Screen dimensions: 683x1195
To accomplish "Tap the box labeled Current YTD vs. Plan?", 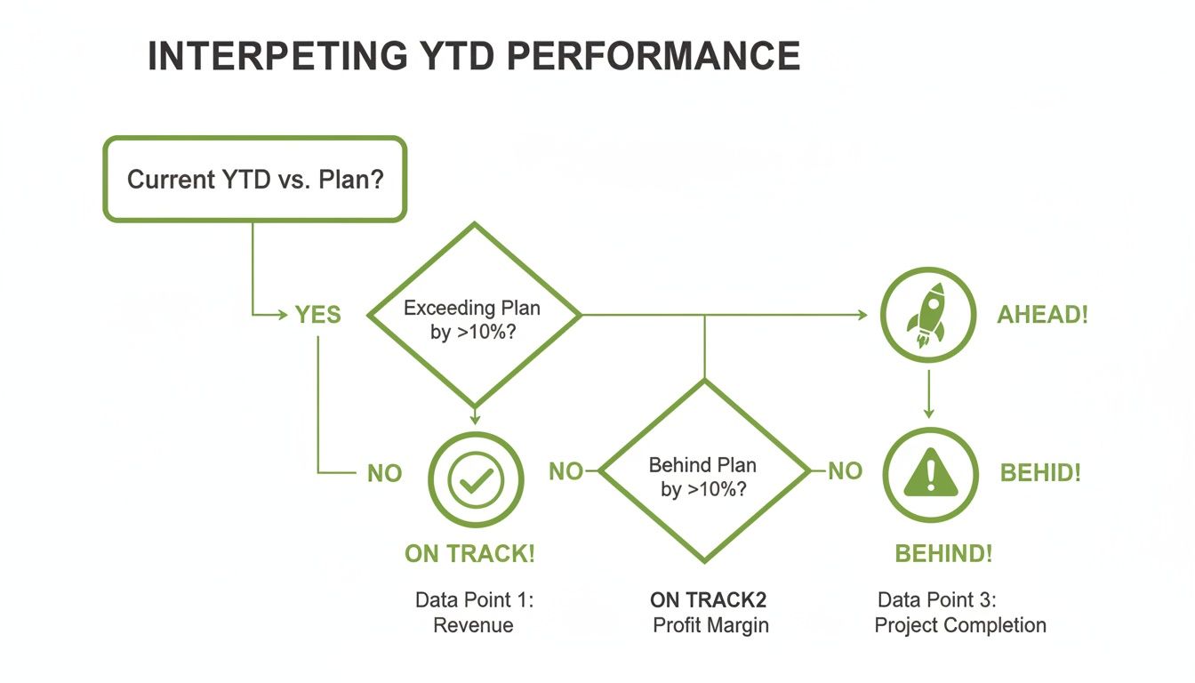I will [255, 179].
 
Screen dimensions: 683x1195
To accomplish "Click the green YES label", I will [317, 316].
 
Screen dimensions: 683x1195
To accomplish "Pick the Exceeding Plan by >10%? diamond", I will [473, 315].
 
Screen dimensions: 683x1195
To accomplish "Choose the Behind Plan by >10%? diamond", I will [704, 471].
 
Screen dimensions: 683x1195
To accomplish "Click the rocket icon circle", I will [928, 315].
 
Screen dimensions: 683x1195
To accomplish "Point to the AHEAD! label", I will [1042, 316].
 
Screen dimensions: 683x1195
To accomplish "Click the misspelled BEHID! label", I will [1040, 473].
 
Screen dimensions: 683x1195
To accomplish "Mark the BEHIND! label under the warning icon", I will [943, 554].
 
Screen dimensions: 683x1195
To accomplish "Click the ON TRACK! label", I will [469, 554].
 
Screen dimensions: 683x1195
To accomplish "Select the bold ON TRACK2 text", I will [708, 599].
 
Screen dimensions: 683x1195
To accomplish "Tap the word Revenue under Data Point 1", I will [473, 625].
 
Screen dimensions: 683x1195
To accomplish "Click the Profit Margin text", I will [710, 625].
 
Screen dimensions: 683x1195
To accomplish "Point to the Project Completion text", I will [960, 625].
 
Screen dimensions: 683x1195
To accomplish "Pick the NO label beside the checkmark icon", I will [384, 473].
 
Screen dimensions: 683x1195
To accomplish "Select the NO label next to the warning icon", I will [845, 471].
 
